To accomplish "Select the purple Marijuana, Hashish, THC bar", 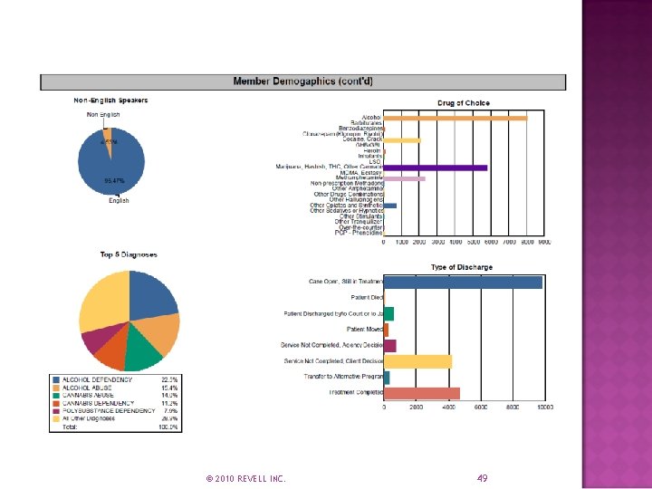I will [x=435, y=168].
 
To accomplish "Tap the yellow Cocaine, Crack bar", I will [x=402, y=140].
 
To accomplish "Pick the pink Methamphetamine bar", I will [x=404, y=178].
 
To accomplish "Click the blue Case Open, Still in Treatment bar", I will [x=463, y=283].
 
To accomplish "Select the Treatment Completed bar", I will [x=422, y=393].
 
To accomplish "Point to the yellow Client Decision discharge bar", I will [x=417, y=361].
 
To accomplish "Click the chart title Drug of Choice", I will [x=464, y=103].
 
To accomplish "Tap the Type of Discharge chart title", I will [x=462, y=267].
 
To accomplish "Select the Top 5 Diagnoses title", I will [x=129, y=255].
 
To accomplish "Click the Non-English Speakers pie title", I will [x=110, y=100].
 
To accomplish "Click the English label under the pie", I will [x=119, y=201].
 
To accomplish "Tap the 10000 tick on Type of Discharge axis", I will [x=544, y=407].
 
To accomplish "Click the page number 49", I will [x=482, y=478].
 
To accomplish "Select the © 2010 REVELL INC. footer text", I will [x=245, y=478].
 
